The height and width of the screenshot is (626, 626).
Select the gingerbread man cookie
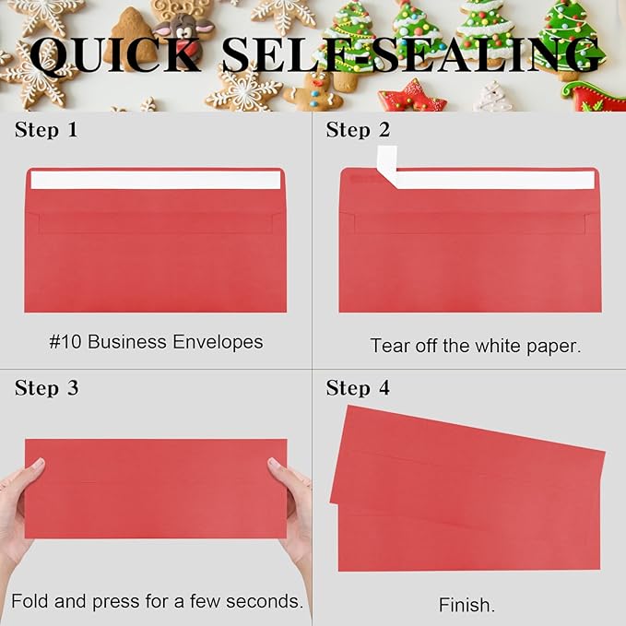[x=313, y=91]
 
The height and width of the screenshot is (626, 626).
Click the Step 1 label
[x=46, y=130]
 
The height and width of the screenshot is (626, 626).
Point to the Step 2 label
[x=358, y=130]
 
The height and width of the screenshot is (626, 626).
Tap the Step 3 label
[x=46, y=388]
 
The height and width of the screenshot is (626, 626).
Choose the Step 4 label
[x=358, y=388]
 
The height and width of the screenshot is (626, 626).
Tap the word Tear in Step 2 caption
[x=390, y=346]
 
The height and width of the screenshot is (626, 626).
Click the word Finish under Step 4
[x=467, y=606]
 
